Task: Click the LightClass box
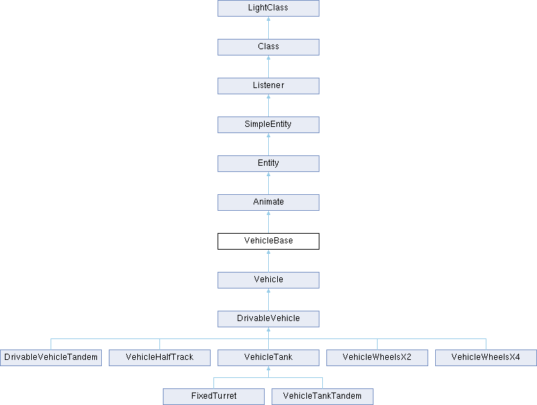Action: pyautogui.click(x=269, y=8)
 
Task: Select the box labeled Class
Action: pyautogui.click(x=269, y=47)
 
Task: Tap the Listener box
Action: pyautogui.click(x=269, y=86)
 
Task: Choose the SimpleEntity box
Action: pyautogui.click(x=269, y=125)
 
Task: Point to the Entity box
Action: pyautogui.click(x=269, y=164)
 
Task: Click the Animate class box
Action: pyautogui.click(x=269, y=203)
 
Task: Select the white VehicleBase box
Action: pyautogui.click(x=269, y=241)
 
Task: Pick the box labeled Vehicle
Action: pyautogui.click(x=269, y=280)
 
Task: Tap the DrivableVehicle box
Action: pyautogui.click(x=269, y=318)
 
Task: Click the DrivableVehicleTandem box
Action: pyautogui.click(x=51, y=358)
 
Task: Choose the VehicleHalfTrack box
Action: pyautogui.click(x=159, y=358)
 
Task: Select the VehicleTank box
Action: pyautogui.click(x=269, y=358)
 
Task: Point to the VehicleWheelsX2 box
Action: pyautogui.click(x=377, y=358)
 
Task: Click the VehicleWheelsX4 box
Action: pyautogui.click(x=486, y=358)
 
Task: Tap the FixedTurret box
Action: pyautogui.click(x=213, y=397)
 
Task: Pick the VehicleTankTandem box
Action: pyautogui.click(x=323, y=397)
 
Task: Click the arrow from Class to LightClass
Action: pyautogui.click(x=269, y=28)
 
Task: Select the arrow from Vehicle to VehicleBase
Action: pyautogui.click(x=269, y=261)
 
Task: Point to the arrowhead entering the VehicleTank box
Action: pyautogui.click(x=269, y=368)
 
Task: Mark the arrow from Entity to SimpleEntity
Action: pyautogui.click(x=269, y=144)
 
